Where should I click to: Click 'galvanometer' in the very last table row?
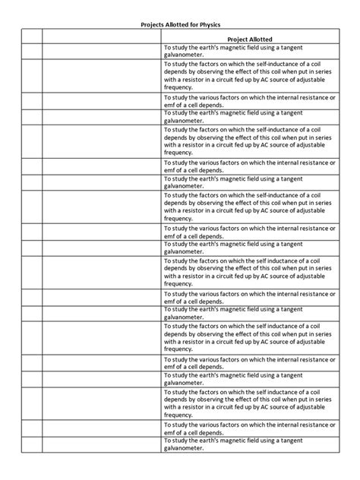click(184, 449)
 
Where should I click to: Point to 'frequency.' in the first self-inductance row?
click(178, 87)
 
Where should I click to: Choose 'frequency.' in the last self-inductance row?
click(178, 415)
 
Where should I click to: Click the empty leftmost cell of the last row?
click(30, 445)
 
